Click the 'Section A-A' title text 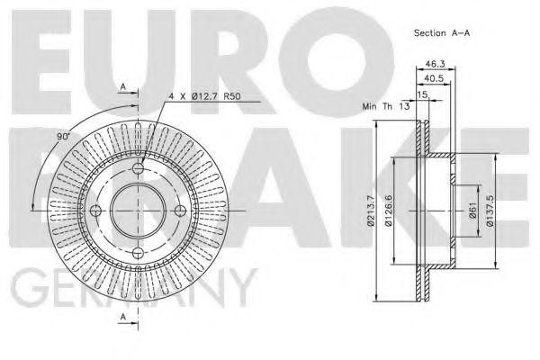[441, 32]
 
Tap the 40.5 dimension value [434, 78]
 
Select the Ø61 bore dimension [472, 213]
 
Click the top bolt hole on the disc [138, 170]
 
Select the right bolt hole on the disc [180, 211]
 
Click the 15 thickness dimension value [423, 93]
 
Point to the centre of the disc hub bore [138, 211]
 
